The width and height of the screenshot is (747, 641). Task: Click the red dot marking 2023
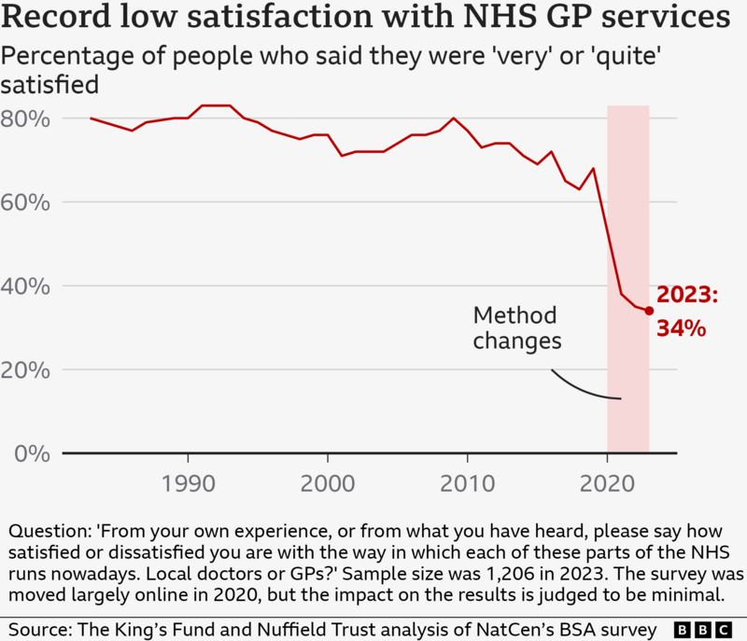[649, 311]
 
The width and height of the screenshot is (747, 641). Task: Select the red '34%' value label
[681, 328]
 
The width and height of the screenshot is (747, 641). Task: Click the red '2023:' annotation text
[687, 296]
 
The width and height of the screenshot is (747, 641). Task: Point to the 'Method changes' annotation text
[516, 327]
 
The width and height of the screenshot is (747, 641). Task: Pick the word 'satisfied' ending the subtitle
[50, 85]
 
